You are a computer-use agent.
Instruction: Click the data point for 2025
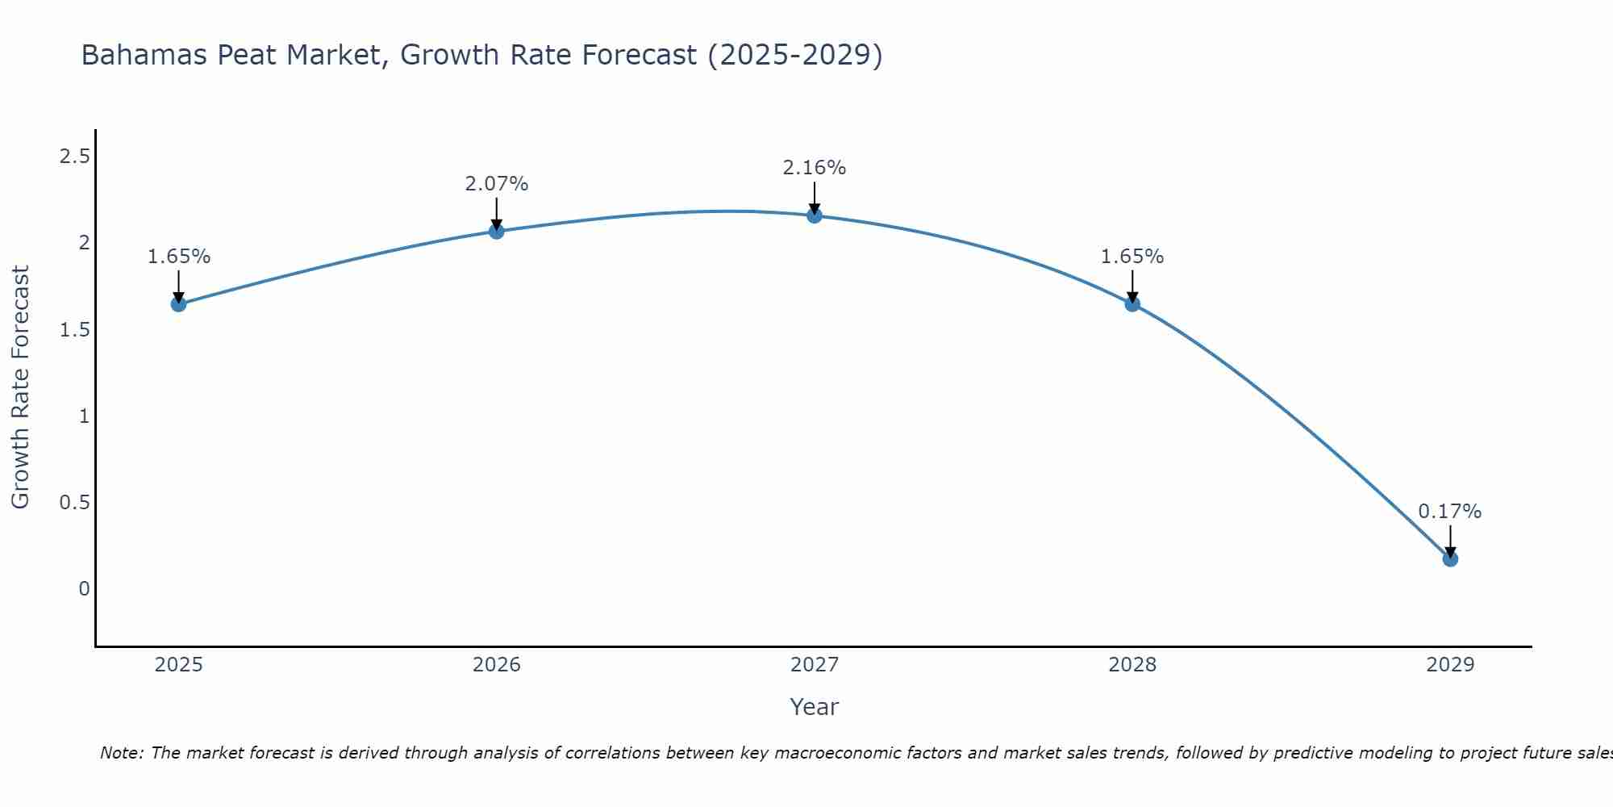click(178, 304)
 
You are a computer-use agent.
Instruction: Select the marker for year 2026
click(497, 232)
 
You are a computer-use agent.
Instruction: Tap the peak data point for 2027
click(815, 215)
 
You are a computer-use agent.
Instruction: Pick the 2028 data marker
click(1132, 304)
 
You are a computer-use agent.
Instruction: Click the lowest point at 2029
click(1450, 558)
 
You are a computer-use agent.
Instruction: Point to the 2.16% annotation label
click(815, 168)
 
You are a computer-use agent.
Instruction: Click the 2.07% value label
click(497, 184)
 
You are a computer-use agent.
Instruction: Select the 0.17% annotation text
click(1450, 512)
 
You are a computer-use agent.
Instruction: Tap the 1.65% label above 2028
click(1132, 257)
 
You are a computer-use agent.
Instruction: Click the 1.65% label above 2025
click(178, 257)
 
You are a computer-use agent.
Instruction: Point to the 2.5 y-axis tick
click(75, 157)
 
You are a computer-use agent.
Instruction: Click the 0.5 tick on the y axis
click(75, 503)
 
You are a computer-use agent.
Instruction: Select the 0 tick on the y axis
click(84, 589)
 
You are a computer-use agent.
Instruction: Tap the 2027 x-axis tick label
click(815, 665)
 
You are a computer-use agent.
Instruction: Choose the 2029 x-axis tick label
click(1450, 665)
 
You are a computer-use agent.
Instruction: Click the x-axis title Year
click(815, 707)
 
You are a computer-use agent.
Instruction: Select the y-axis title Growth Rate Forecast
click(21, 387)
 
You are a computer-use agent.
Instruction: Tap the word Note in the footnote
click(121, 753)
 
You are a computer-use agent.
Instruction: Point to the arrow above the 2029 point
click(1450, 541)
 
